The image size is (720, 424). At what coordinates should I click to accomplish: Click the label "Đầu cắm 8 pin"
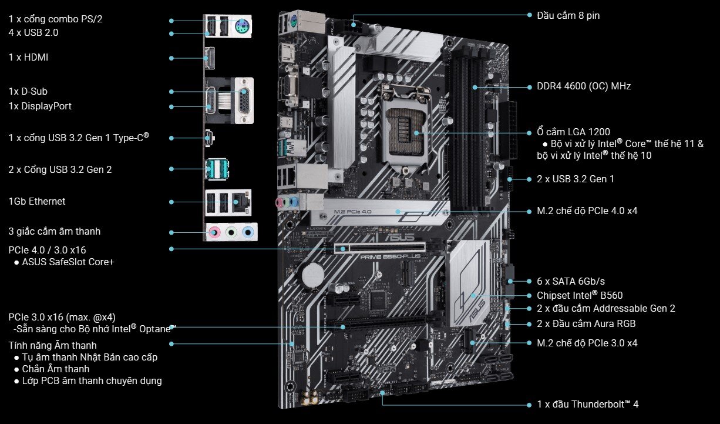[568, 16]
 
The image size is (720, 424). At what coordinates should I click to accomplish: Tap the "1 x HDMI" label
[28, 58]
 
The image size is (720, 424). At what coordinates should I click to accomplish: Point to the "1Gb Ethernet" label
[37, 202]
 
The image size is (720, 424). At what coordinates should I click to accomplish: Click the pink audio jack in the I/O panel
[216, 233]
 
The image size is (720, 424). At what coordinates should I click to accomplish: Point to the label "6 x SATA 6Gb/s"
[570, 282]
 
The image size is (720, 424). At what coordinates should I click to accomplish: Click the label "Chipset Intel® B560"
[580, 296]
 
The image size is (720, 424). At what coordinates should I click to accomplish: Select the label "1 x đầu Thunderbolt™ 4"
[587, 405]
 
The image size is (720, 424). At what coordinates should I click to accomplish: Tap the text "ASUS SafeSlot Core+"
[68, 262]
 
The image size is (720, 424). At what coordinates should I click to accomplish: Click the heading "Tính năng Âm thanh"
[53, 345]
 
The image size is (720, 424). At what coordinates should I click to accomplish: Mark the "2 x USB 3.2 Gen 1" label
[576, 179]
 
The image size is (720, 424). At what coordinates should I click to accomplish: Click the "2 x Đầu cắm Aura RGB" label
[586, 324]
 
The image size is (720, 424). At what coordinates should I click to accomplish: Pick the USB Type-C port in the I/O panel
[209, 138]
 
